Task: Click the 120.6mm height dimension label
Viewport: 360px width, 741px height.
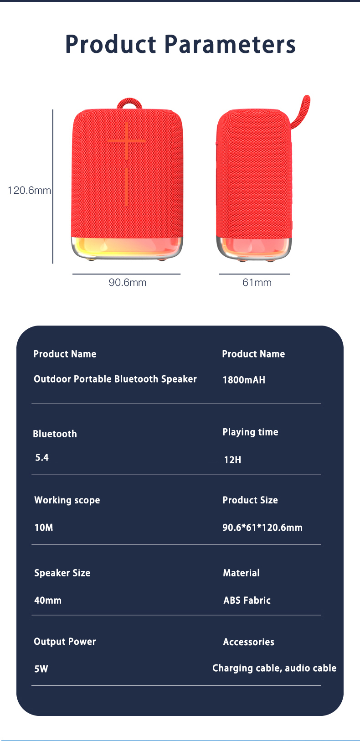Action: point(29,191)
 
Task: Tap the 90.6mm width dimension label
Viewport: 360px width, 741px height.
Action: point(128,283)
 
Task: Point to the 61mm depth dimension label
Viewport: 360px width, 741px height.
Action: point(257,283)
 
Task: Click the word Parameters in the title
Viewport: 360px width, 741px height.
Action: point(230,45)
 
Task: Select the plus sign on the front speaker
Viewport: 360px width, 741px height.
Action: point(127,141)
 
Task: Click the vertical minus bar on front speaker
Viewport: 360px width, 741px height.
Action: point(126,187)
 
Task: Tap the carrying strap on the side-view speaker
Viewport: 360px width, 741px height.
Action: point(301,110)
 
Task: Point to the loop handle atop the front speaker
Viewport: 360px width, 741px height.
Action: point(129,104)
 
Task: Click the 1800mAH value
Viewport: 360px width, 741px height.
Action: point(244,380)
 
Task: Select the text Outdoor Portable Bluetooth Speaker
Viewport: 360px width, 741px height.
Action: point(115,379)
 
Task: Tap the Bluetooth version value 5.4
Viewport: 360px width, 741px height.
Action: point(42,457)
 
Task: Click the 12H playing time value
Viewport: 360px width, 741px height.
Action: point(232,460)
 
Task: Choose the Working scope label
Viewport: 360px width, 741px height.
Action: point(67,500)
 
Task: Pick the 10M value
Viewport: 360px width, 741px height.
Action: point(44,528)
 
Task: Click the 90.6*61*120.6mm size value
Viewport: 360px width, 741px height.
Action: point(262,528)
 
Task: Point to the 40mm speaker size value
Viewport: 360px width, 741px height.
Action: point(48,601)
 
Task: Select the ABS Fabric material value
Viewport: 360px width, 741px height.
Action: point(247,601)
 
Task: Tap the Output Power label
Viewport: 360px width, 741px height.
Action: point(65,642)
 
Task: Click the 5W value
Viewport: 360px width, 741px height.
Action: point(41,669)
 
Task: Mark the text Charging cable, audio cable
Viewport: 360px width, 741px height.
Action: point(274,668)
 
